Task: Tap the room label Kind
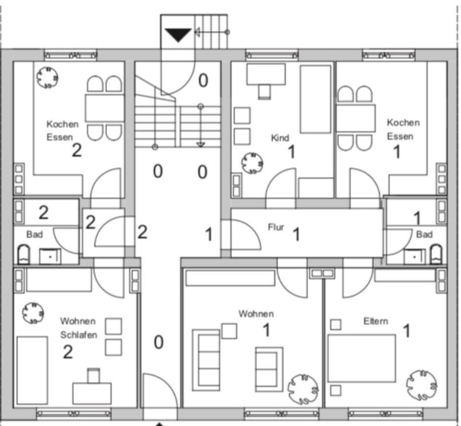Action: click(280, 138)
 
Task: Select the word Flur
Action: click(276, 227)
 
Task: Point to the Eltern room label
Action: click(376, 321)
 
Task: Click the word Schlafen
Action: click(78, 335)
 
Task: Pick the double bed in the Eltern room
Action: click(361, 358)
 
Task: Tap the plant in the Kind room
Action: click(252, 163)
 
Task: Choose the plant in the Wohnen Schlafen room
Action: click(34, 313)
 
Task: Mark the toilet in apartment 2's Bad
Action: click(24, 255)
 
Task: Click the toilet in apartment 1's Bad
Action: click(436, 255)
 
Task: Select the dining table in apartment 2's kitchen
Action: click(105, 108)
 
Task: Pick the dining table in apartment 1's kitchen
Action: click(355, 118)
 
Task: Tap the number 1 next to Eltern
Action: click(406, 331)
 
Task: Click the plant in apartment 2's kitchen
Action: click(48, 76)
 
